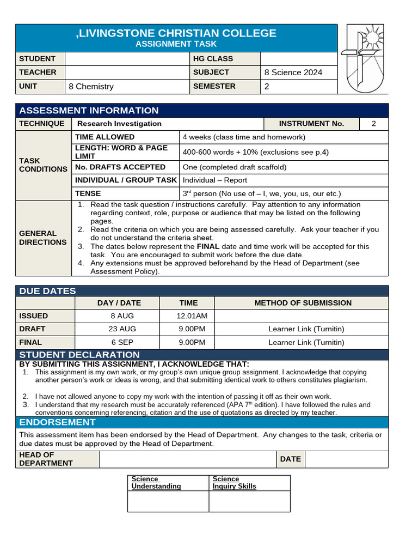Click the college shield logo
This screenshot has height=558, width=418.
(x=362, y=58)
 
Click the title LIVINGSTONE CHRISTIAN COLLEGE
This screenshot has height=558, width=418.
(x=176, y=33)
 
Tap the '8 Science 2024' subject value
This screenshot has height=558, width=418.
(x=293, y=72)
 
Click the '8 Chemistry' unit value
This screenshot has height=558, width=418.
(x=91, y=87)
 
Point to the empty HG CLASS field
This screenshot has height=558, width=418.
(x=298, y=59)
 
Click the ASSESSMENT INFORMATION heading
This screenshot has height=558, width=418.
(x=89, y=111)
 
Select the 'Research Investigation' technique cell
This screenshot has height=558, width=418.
(x=120, y=124)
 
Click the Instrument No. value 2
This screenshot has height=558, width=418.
(x=374, y=124)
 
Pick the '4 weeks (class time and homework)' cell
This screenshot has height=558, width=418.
(x=244, y=137)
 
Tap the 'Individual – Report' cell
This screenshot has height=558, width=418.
(x=215, y=180)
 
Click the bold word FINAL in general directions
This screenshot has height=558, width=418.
(x=208, y=246)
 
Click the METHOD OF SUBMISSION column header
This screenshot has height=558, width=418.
(x=303, y=303)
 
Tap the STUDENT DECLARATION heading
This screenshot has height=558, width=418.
(x=79, y=355)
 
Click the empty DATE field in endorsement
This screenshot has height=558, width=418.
(x=346, y=459)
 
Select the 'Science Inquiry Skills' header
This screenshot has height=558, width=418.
(x=235, y=483)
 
